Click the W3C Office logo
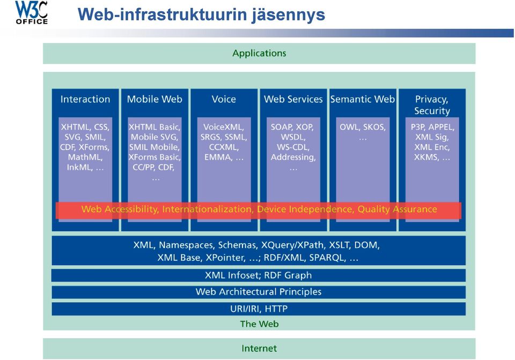32,12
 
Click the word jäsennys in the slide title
289,15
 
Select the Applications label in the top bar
259,53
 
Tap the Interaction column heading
85,99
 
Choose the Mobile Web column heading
154,99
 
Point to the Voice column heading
224,99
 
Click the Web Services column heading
293,99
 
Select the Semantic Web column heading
363,99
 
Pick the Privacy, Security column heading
432,105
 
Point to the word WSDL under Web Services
293,137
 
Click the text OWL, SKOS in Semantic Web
363,127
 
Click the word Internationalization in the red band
208,209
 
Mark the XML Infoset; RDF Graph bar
259,275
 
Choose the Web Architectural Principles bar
259,292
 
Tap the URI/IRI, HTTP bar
259,308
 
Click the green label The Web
259,324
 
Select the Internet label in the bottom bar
259,349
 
